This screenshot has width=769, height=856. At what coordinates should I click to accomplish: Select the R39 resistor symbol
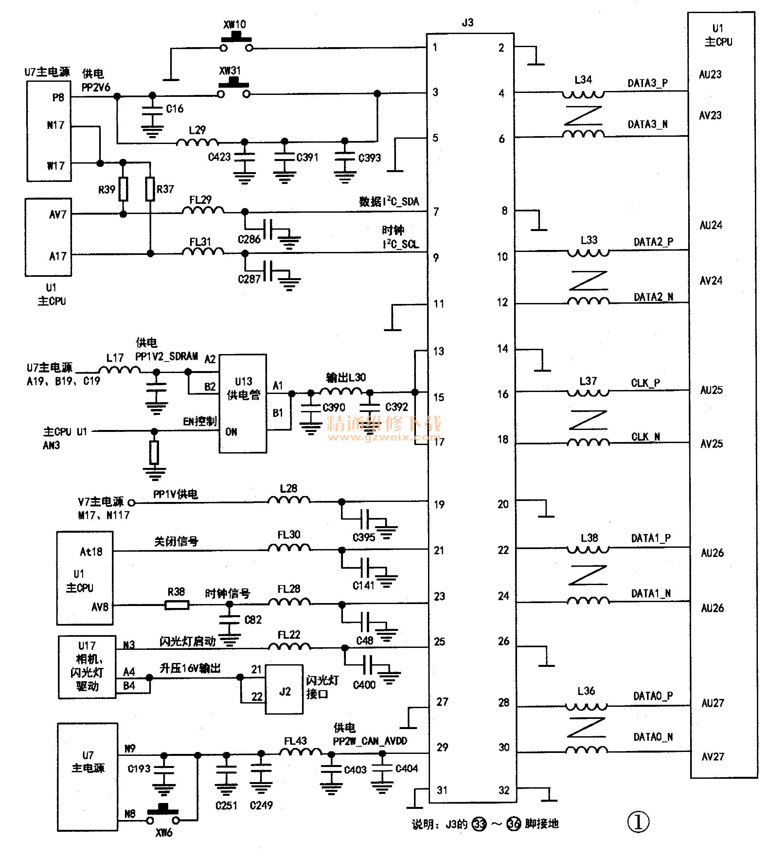pos(123,189)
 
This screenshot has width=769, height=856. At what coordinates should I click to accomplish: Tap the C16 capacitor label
pos(174,109)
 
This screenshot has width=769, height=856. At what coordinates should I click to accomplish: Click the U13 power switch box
pos(243,403)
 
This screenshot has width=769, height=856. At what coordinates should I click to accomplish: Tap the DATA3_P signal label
pos(647,83)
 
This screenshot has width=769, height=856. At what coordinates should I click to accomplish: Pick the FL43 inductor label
pos(295,740)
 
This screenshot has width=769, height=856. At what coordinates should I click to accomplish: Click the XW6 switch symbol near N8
pos(163,816)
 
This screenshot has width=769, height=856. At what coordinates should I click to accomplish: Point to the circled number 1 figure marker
pos(638,822)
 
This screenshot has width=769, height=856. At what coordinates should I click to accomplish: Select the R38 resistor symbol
pos(177,605)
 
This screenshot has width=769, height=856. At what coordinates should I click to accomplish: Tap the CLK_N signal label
pos(646,437)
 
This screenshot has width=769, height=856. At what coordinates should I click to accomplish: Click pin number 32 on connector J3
pos(504,790)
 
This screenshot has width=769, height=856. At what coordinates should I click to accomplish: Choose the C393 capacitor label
pos(369,158)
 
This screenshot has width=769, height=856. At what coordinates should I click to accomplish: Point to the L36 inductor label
pos(586,691)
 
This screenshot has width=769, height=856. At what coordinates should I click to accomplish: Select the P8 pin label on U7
pos(58,98)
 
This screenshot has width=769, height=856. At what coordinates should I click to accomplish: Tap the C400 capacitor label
pos(364,685)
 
